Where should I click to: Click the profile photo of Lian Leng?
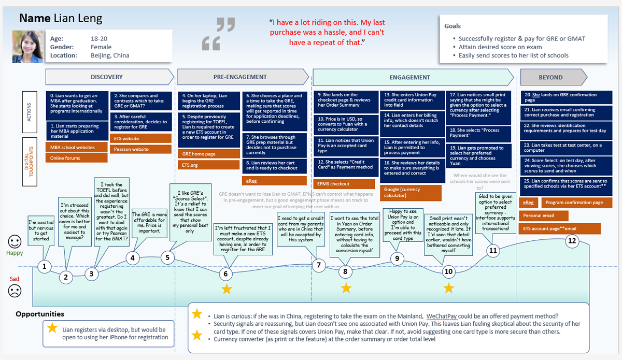coord(28,46)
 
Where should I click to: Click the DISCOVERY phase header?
coord(107,77)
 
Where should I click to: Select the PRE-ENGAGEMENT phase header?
coord(240,77)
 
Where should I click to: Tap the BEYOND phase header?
coord(550,77)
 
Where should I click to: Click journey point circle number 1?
coord(45,267)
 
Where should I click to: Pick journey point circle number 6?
coord(226,273)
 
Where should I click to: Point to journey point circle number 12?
coord(572,240)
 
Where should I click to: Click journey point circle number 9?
coord(397,258)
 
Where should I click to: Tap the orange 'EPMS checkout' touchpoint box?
coord(344,184)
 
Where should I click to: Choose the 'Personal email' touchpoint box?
coord(544,215)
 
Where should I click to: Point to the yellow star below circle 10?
coord(449,288)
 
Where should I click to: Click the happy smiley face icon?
coord(15,241)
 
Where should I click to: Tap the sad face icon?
coord(15,291)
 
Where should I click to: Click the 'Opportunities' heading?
coord(40,314)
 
